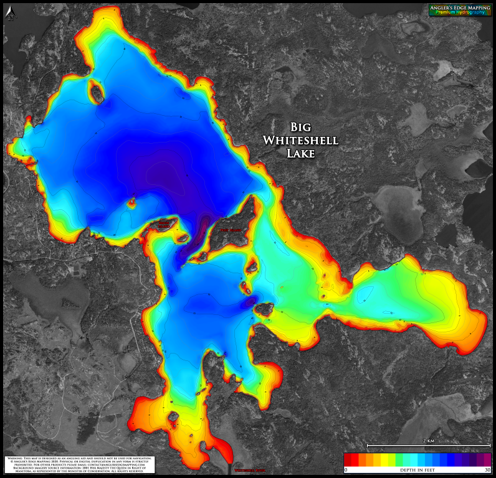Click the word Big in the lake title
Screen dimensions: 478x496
(301, 127)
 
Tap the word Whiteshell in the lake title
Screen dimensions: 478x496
(300, 140)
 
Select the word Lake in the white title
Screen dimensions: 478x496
(300, 153)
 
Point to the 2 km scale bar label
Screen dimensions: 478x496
(428, 441)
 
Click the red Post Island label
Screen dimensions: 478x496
(231, 230)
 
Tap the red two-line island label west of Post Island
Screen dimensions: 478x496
(164, 223)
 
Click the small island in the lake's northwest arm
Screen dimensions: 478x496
(97, 92)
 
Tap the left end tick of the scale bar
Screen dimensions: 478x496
(368, 446)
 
